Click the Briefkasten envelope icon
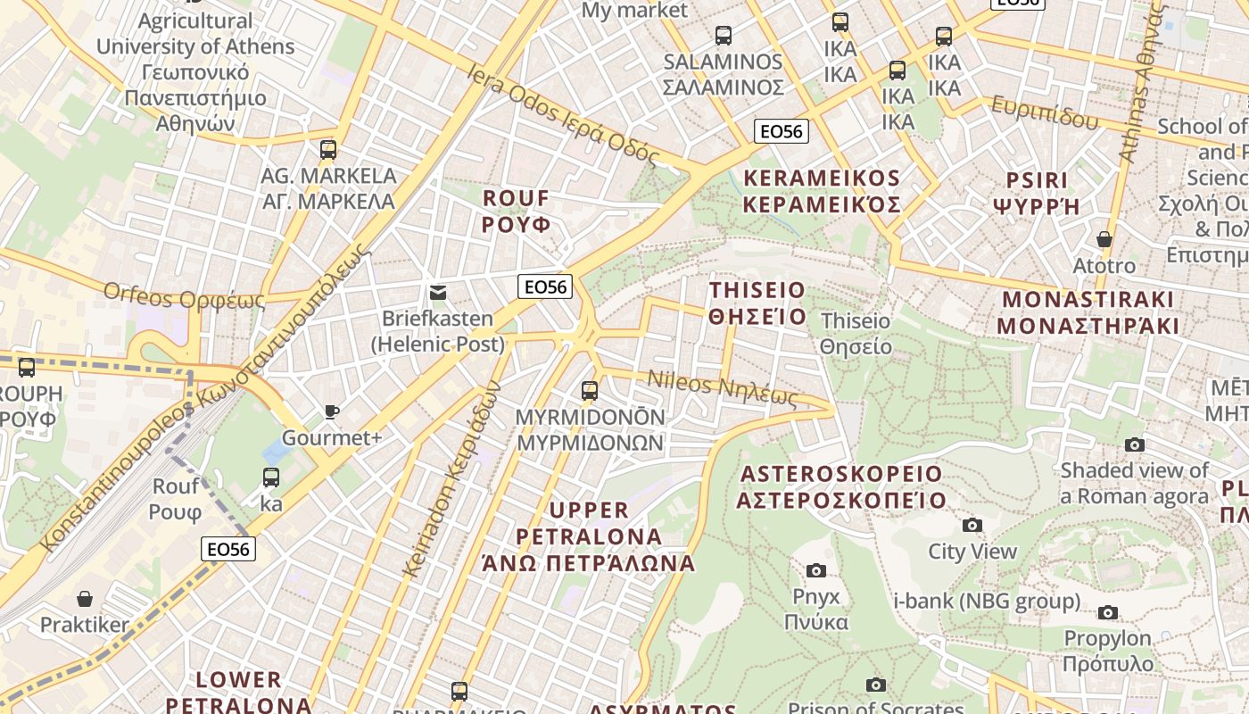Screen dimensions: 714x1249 [438, 293]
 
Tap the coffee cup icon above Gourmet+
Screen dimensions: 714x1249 [331, 411]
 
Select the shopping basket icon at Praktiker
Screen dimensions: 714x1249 [85, 598]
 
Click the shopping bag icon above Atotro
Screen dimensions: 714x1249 [1104, 239]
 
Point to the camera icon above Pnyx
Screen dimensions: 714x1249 [815, 570]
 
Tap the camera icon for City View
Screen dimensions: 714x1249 [972, 525]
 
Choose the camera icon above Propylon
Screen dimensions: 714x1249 [1107, 612]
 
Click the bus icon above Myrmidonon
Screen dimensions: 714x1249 [589, 390]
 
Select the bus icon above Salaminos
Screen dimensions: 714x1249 [724, 36]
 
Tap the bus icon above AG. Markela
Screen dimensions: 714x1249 [328, 149]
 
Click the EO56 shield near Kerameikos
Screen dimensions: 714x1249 [781, 131]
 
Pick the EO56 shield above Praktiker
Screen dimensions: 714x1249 [228, 549]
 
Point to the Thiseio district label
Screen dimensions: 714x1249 [757, 303]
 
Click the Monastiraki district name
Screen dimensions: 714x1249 [1088, 312]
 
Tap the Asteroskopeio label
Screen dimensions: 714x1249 [840, 486]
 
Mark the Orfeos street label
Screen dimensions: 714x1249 [184, 295]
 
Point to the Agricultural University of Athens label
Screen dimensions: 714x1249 [195, 71]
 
